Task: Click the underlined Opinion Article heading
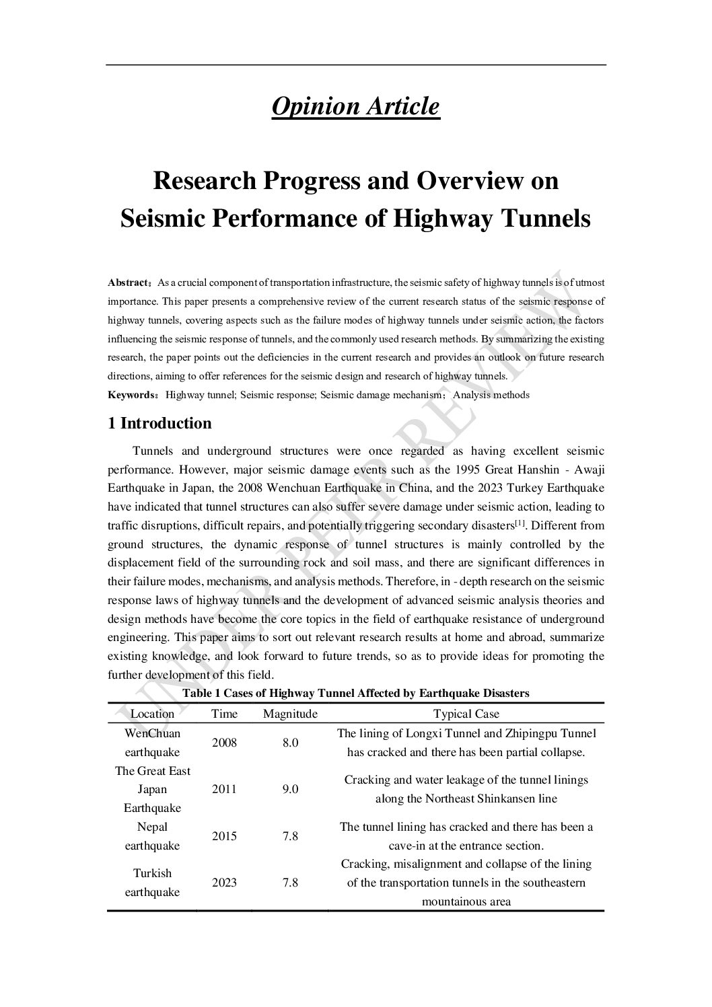(x=355, y=106)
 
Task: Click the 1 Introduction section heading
(x=159, y=423)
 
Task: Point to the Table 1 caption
(x=356, y=693)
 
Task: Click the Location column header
(x=152, y=714)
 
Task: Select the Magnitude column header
(x=290, y=714)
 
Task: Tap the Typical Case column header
(x=466, y=714)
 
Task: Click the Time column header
(x=224, y=714)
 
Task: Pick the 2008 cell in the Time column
(x=224, y=743)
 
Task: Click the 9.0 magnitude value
(x=290, y=789)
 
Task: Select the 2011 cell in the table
(x=224, y=789)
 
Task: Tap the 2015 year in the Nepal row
(x=224, y=836)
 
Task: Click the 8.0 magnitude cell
(x=290, y=743)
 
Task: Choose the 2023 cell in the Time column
(x=224, y=883)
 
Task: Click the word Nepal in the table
(x=152, y=827)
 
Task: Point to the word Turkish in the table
(x=152, y=873)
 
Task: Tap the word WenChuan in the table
(x=152, y=733)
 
